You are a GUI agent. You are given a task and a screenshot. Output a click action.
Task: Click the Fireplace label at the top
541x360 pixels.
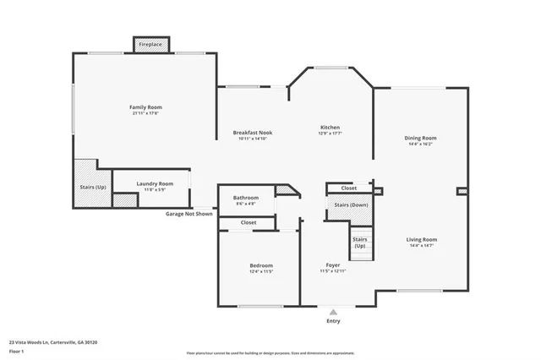coord(151,44)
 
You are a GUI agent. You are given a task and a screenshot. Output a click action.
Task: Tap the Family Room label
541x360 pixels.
coord(145,107)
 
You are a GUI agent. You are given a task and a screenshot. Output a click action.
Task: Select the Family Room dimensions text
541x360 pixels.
coord(145,114)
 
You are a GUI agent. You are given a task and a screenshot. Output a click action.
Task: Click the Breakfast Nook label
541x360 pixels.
coord(254,132)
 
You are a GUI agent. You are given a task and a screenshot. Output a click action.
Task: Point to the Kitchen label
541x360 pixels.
coord(329,127)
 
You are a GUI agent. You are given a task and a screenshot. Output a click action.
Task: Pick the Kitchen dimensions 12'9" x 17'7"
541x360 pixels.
coord(329,134)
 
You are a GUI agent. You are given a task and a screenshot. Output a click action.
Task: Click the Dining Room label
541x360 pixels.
coord(420,138)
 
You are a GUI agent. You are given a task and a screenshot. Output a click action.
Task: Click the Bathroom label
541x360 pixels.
coord(247,198)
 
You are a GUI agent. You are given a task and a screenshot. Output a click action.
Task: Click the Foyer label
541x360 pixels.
coord(333,265)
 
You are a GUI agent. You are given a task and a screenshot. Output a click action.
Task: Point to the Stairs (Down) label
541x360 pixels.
coord(349,205)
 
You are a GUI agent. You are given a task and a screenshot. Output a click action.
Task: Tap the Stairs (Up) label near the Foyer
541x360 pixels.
coord(360,243)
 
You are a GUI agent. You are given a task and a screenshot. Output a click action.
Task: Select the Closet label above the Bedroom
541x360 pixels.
coord(249,222)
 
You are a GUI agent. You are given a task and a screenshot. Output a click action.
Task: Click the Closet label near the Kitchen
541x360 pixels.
coord(348,188)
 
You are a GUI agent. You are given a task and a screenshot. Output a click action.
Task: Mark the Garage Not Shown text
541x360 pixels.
coord(189,214)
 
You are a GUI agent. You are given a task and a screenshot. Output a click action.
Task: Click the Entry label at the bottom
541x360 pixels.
coord(334,321)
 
